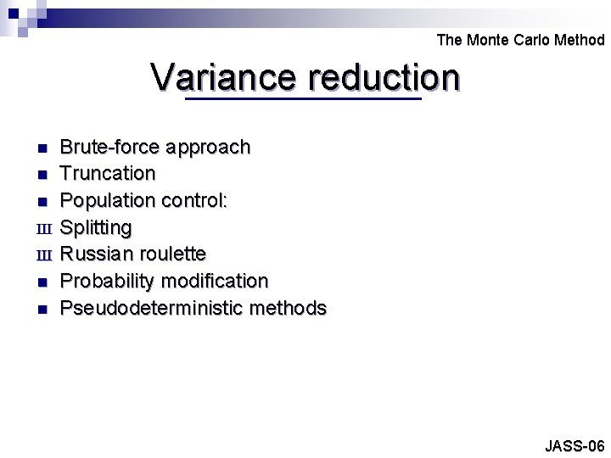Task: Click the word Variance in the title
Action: point(224,78)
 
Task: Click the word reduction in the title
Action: point(384,78)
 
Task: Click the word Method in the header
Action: point(580,40)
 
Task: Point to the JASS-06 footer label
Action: point(575,445)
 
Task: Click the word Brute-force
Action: point(110,147)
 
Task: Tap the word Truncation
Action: point(108,173)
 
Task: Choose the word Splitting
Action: point(97,228)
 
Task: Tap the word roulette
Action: point(175,254)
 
